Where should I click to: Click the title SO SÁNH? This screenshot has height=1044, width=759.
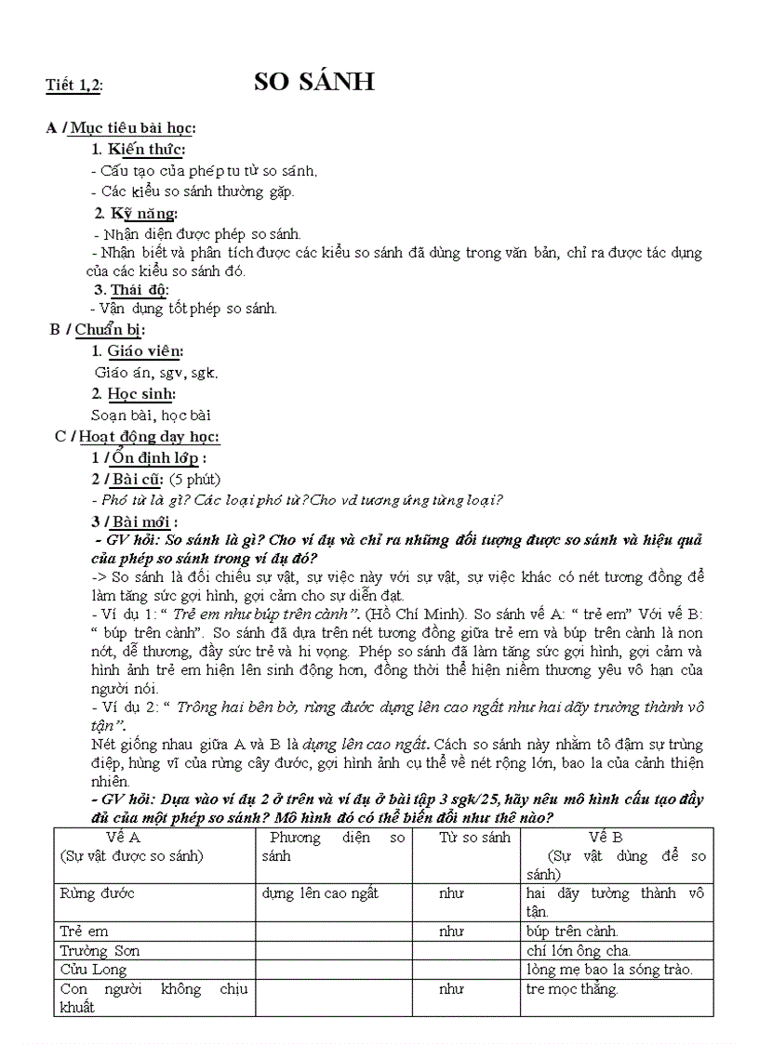point(314,82)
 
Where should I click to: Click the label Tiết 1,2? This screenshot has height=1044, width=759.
point(74,86)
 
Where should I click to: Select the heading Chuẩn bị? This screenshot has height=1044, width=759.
point(109,328)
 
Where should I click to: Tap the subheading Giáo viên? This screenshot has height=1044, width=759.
point(145,350)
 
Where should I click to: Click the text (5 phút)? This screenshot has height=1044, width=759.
point(194,479)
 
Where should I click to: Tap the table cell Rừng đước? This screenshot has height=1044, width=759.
point(98,893)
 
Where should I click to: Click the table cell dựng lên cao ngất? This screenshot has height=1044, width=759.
point(320,893)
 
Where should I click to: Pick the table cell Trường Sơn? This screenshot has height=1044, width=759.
point(100,950)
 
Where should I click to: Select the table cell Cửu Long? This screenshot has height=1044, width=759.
point(93,970)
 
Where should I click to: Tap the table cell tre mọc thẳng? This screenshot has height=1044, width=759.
point(571,989)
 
